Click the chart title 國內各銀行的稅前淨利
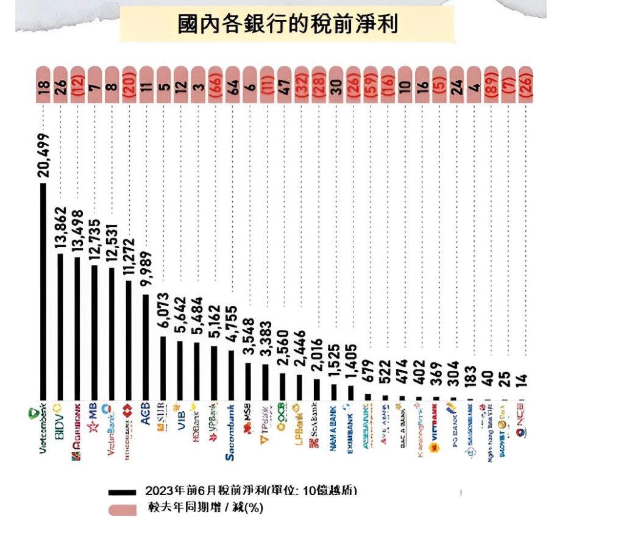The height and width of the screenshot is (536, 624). (287, 24)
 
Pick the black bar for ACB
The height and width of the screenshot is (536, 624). (146, 348)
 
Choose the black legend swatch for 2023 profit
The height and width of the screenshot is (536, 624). (122, 492)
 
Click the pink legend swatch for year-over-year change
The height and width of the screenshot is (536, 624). (122, 508)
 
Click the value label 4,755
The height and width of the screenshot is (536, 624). (232, 324)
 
